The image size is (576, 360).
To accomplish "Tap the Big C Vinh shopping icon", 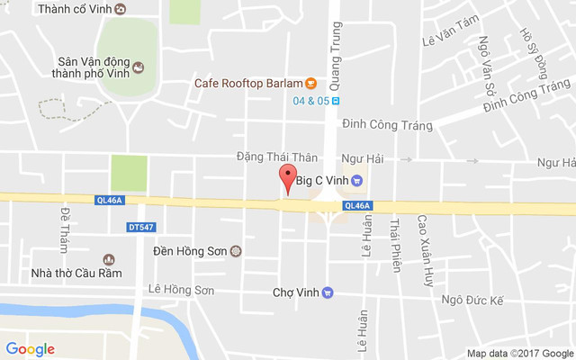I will (357, 180).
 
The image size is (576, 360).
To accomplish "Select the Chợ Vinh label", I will (296, 292).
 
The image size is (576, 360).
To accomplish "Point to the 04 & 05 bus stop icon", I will (336, 101).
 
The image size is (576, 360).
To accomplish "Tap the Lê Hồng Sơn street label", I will (181, 290).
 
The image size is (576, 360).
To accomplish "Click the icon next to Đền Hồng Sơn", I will (236, 251).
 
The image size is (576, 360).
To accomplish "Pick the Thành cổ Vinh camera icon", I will (121, 9).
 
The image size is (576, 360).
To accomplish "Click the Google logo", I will (30, 349).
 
